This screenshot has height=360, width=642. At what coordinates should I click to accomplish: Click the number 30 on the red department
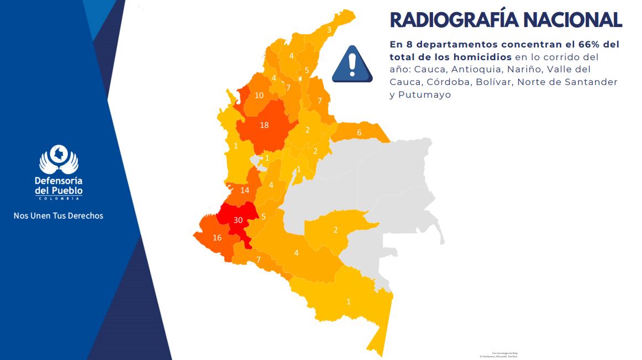click(x=238, y=220)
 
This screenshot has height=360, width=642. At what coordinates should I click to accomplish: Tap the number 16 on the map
click(x=217, y=238)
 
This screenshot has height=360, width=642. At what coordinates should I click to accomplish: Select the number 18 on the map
click(x=264, y=125)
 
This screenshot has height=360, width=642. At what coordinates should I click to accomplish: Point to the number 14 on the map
click(x=245, y=190)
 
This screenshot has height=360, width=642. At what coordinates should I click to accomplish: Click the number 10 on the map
click(x=259, y=95)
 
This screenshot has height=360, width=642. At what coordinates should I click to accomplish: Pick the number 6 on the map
click(x=359, y=133)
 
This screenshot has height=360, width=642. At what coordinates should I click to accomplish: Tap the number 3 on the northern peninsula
click(x=329, y=30)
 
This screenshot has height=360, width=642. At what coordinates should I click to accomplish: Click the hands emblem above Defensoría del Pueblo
click(x=59, y=160)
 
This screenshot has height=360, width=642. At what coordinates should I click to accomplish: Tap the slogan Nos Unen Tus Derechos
click(x=59, y=215)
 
